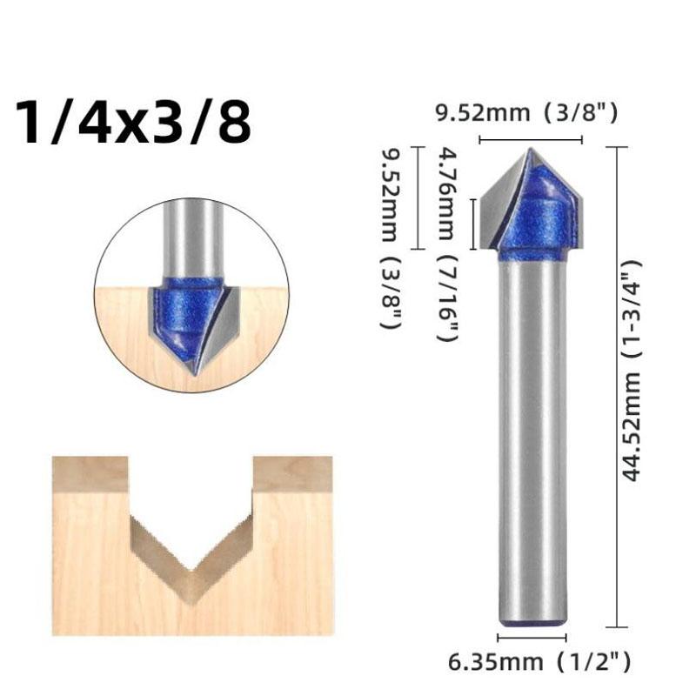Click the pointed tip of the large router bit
[531, 150]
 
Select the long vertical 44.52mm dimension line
[617, 387]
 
